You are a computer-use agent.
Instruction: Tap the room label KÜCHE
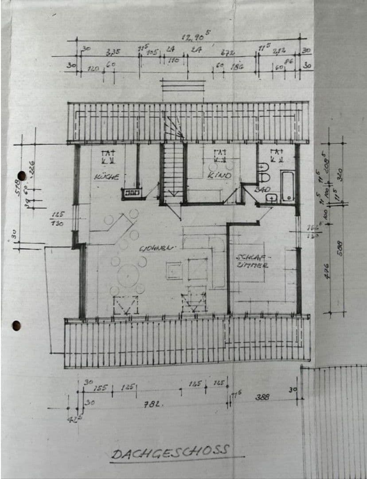tap(106, 177)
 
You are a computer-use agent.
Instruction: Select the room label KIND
tap(219, 176)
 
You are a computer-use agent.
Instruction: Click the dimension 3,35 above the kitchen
tap(113, 52)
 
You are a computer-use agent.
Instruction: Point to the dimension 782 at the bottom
tap(154, 404)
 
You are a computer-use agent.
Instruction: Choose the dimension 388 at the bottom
tap(262, 397)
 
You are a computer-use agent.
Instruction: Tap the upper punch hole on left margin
tap(21, 176)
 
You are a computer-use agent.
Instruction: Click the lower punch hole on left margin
tap(16, 326)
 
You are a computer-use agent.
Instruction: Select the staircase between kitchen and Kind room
tap(173, 171)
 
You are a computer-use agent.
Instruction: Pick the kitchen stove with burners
tap(132, 193)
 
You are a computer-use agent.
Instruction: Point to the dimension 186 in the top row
tap(236, 67)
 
